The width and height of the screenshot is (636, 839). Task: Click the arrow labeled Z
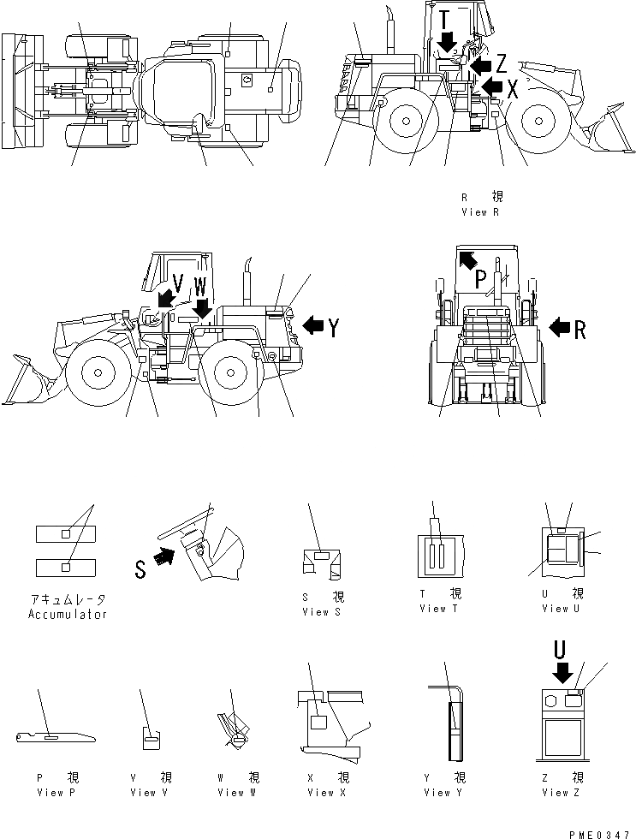point(480,64)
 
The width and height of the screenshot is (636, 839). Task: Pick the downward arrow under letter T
point(446,40)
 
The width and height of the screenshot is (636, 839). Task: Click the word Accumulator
point(68,614)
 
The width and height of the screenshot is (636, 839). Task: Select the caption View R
point(480,211)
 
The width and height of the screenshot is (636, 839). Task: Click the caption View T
point(439,609)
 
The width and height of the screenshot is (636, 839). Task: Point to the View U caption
point(562,609)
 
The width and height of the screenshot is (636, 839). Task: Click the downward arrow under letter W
point(201,306)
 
